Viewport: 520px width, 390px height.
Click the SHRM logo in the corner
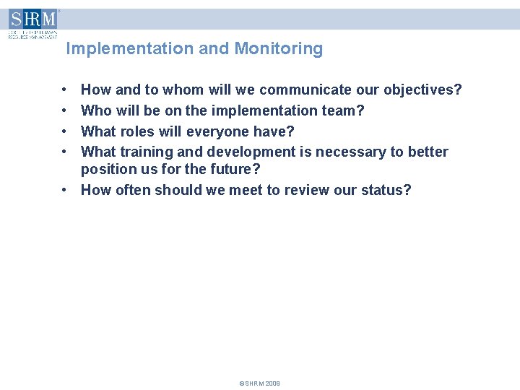pyautogui.click(x=32, y=23)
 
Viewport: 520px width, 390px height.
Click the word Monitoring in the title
pyautogui.click(x=278, y=49)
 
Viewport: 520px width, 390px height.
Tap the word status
pyautogui.click(x=388, y=191)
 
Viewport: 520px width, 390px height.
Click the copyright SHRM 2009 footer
pyautogui.click(x=259, y=383)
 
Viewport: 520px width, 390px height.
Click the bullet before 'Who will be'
pyautogui.click(x=65, y=111)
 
